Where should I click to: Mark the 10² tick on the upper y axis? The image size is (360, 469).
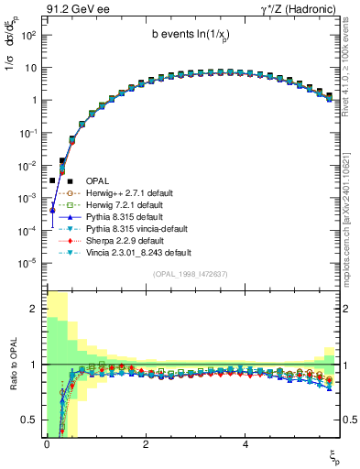29,35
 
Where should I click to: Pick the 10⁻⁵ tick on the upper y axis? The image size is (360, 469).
29,264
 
